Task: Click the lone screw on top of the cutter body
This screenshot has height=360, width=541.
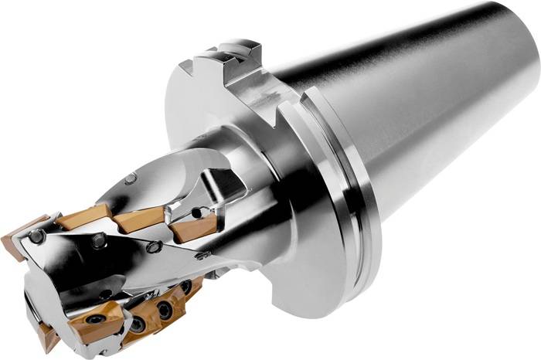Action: tap(130, 178)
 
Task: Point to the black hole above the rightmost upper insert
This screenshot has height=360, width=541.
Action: tap(196, 211)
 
